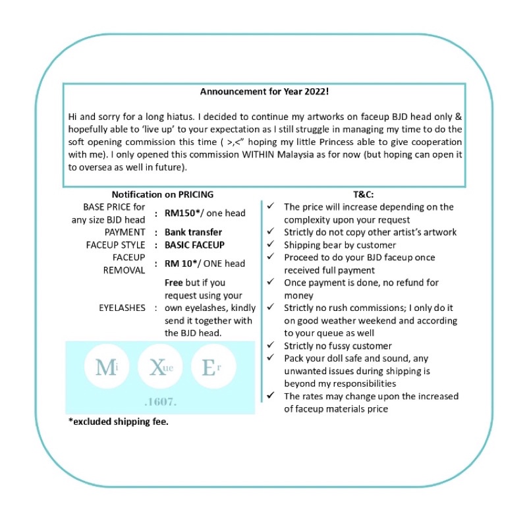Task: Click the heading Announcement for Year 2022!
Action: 264,93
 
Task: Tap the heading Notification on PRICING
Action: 162,194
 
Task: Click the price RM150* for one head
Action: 182,213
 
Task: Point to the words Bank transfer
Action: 193,232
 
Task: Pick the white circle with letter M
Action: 106,367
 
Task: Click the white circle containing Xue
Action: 160,367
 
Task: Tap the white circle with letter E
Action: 212,367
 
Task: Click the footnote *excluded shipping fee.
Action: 119,422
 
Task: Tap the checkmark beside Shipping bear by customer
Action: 271,245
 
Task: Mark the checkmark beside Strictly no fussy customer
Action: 271,346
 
